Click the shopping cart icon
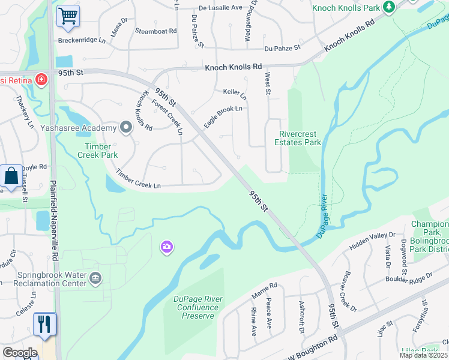pyautogui.click(x=68, y=16)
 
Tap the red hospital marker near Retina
pyautogui.click(x=41, y=79)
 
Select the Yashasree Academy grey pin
pyautogui.click(x=126, y=127)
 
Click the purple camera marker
pyautogui.click(x=166, y=247)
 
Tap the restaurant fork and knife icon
pyautogui.click(x=44, y=324)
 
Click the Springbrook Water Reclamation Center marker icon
pyautogui.click(x=95, y=278)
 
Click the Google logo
pyautogui.click(x=20, y=353)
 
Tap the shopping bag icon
pyautogui.click(x=11, y=176)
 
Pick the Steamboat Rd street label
pyautogui.click(x=155, y=31)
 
